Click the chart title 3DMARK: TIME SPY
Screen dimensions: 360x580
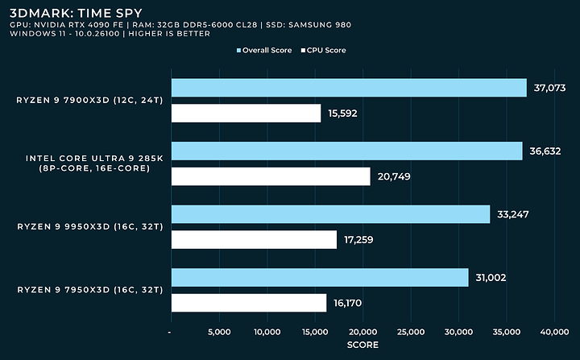point(60,13)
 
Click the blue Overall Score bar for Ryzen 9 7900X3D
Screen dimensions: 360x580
point(348,87)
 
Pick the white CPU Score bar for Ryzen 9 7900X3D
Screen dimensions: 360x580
point(246,113)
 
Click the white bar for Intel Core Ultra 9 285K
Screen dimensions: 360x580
point(271,176)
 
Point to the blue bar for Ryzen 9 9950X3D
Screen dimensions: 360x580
point(330,214)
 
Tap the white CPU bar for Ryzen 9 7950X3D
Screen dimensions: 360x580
point(248,303)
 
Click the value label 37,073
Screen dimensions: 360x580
point(552,87)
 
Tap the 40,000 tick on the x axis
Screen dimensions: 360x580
point(555,332)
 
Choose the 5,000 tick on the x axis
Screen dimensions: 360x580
point(219,332)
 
